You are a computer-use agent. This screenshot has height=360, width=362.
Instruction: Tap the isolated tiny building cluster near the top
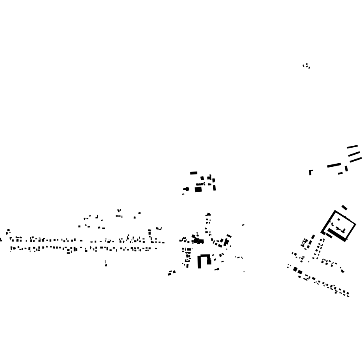pos(306,66)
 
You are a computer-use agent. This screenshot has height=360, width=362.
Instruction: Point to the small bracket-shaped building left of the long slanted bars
pos(310,172)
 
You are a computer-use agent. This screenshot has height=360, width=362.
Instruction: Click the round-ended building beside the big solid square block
pos(186,189)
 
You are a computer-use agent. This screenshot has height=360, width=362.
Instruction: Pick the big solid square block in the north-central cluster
pos(198,189)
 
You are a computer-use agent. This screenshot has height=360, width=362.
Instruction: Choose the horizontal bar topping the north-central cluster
pos(194,173)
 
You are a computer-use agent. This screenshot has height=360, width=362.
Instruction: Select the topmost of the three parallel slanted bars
pos(352,146)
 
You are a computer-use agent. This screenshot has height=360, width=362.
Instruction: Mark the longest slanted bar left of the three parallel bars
pos(334,165)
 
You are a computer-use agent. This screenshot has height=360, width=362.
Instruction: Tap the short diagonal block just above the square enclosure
pos(344,207)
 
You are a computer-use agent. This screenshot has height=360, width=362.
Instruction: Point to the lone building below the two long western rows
pos(105,264)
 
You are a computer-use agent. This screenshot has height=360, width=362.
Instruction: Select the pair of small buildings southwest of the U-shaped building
pos(172,273)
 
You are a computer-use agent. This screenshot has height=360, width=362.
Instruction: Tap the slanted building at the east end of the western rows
pos(159,229)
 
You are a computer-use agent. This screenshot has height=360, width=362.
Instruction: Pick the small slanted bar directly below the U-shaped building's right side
pos(217,269)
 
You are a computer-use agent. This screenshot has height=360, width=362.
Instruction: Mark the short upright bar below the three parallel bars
pos(346,169)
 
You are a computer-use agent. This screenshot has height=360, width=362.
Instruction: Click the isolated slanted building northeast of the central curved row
pos(243,225)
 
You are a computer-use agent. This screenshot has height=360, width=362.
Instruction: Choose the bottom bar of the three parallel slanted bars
pos(356,159)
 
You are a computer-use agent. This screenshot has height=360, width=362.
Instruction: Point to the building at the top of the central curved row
pos(208,214)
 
